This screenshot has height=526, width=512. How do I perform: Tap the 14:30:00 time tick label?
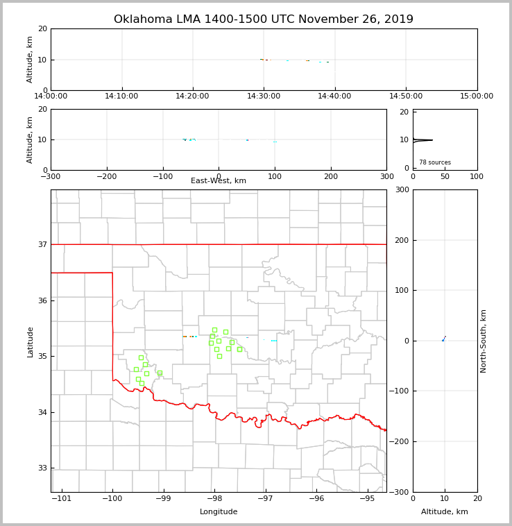[264, 96]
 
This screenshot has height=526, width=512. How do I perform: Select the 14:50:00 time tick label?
[406, 96]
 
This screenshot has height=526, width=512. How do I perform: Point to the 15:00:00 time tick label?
[477, 96]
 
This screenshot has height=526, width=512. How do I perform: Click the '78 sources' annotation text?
[435, 162]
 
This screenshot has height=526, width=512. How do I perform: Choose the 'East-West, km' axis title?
[219, 181]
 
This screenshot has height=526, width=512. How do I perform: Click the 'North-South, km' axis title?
[484, 341]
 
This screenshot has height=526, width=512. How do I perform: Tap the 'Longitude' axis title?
[219, 512]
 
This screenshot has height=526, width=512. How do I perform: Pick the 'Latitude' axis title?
[31, 341]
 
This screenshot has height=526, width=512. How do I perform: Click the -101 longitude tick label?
[62, 498]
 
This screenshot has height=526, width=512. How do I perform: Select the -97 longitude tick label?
[266, 498]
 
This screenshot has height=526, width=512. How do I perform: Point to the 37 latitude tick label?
[42, 244]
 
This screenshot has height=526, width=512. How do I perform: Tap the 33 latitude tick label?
[42, 468]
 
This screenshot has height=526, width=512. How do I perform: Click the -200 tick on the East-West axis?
[107, 176]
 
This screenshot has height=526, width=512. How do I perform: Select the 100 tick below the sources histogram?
[477, 176]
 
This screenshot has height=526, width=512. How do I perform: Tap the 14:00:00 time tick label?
[51, 96]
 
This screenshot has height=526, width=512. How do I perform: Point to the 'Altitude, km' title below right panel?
[445, 512]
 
